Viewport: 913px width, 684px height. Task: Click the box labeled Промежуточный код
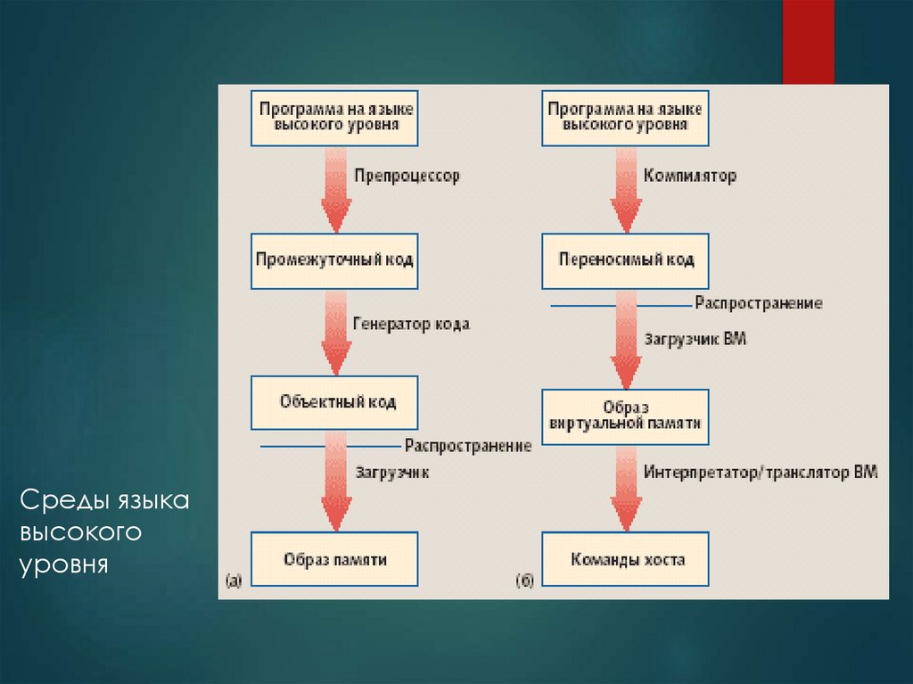click(334, 260)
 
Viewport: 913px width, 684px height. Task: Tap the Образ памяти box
click(334, 559)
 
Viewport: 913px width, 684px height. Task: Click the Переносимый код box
click(626, 260)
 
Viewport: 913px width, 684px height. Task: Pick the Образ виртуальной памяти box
click(626, 416)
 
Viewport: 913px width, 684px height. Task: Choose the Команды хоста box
click(626, 559)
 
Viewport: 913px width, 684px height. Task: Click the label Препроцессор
click(407, 177)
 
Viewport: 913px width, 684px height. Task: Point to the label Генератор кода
click(411, 325)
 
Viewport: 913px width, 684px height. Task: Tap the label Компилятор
click(690, 177)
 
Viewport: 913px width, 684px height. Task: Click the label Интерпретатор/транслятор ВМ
click(760, 472)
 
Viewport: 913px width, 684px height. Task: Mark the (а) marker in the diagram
click(232, 581)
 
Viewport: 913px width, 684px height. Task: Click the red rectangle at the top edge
click(808, 41)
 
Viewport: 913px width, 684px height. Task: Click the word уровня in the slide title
click(63, 565)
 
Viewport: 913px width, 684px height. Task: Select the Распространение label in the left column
click(467, 445)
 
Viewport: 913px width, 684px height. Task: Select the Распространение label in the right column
click(759, 303)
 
